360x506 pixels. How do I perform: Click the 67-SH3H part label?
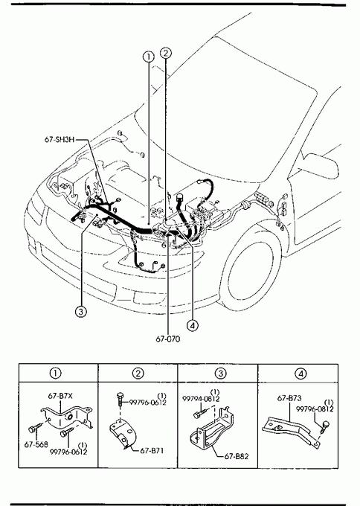60,139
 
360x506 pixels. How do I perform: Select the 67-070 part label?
168,339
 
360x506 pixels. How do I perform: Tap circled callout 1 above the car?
148,57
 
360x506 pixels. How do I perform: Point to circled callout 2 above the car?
166,53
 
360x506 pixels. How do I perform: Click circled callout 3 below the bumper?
80,311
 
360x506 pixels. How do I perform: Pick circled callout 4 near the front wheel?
193,325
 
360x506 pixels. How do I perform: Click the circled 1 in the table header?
55,374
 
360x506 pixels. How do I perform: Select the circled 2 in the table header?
138,374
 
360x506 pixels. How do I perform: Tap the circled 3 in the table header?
221,374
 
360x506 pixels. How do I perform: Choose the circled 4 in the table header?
300,374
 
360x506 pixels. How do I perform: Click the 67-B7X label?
60,396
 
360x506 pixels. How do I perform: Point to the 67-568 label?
36,444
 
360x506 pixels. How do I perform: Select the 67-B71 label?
152,450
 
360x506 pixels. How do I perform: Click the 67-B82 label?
237,456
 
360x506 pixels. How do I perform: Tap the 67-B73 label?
289,399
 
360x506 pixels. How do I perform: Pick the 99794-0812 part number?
201,399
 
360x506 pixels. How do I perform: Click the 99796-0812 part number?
315,409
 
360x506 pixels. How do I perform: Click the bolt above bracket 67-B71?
120,398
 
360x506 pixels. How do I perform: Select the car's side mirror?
321,165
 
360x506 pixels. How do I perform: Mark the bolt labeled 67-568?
35,429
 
